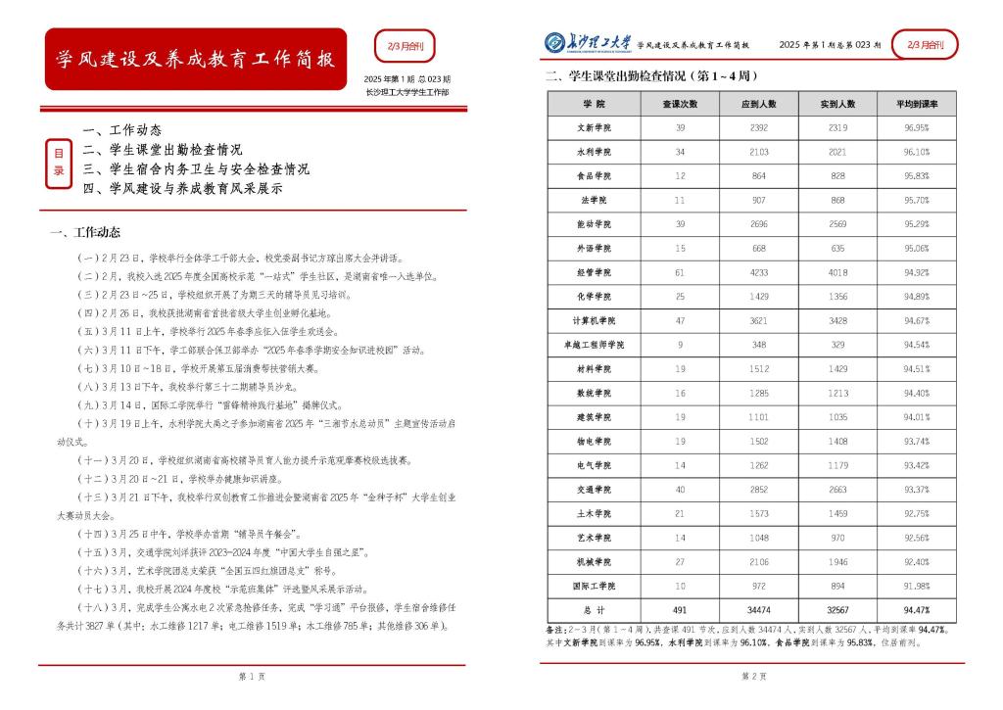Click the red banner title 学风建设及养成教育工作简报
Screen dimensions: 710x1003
(x=196, y=59)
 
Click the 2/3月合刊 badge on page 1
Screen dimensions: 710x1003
(x=406, y=45)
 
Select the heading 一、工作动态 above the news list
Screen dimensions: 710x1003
(x=85, y=232)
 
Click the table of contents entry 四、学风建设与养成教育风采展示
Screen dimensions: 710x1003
(x=183, y=188)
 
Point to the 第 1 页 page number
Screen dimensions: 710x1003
(x=247, y=677)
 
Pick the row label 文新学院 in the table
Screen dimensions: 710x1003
(x=594, y=128)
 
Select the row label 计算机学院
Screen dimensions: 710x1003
(x=594, y=320)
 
